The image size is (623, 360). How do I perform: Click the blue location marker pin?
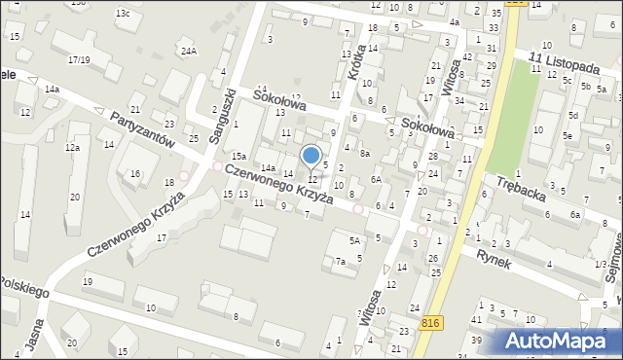coord(311,156)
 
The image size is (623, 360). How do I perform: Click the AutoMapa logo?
coord(561,341)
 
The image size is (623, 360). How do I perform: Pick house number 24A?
coord(188,51)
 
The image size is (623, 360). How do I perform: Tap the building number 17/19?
coord(79,60)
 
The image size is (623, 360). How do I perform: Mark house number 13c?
coord(123,14)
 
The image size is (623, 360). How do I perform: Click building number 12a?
coord(72,148)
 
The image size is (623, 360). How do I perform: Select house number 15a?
coord(238,156)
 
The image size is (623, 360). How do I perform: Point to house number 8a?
coord(364,153)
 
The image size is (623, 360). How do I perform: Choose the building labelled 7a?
coord(340,262)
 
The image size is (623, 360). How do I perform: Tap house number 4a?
coord(454,22)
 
